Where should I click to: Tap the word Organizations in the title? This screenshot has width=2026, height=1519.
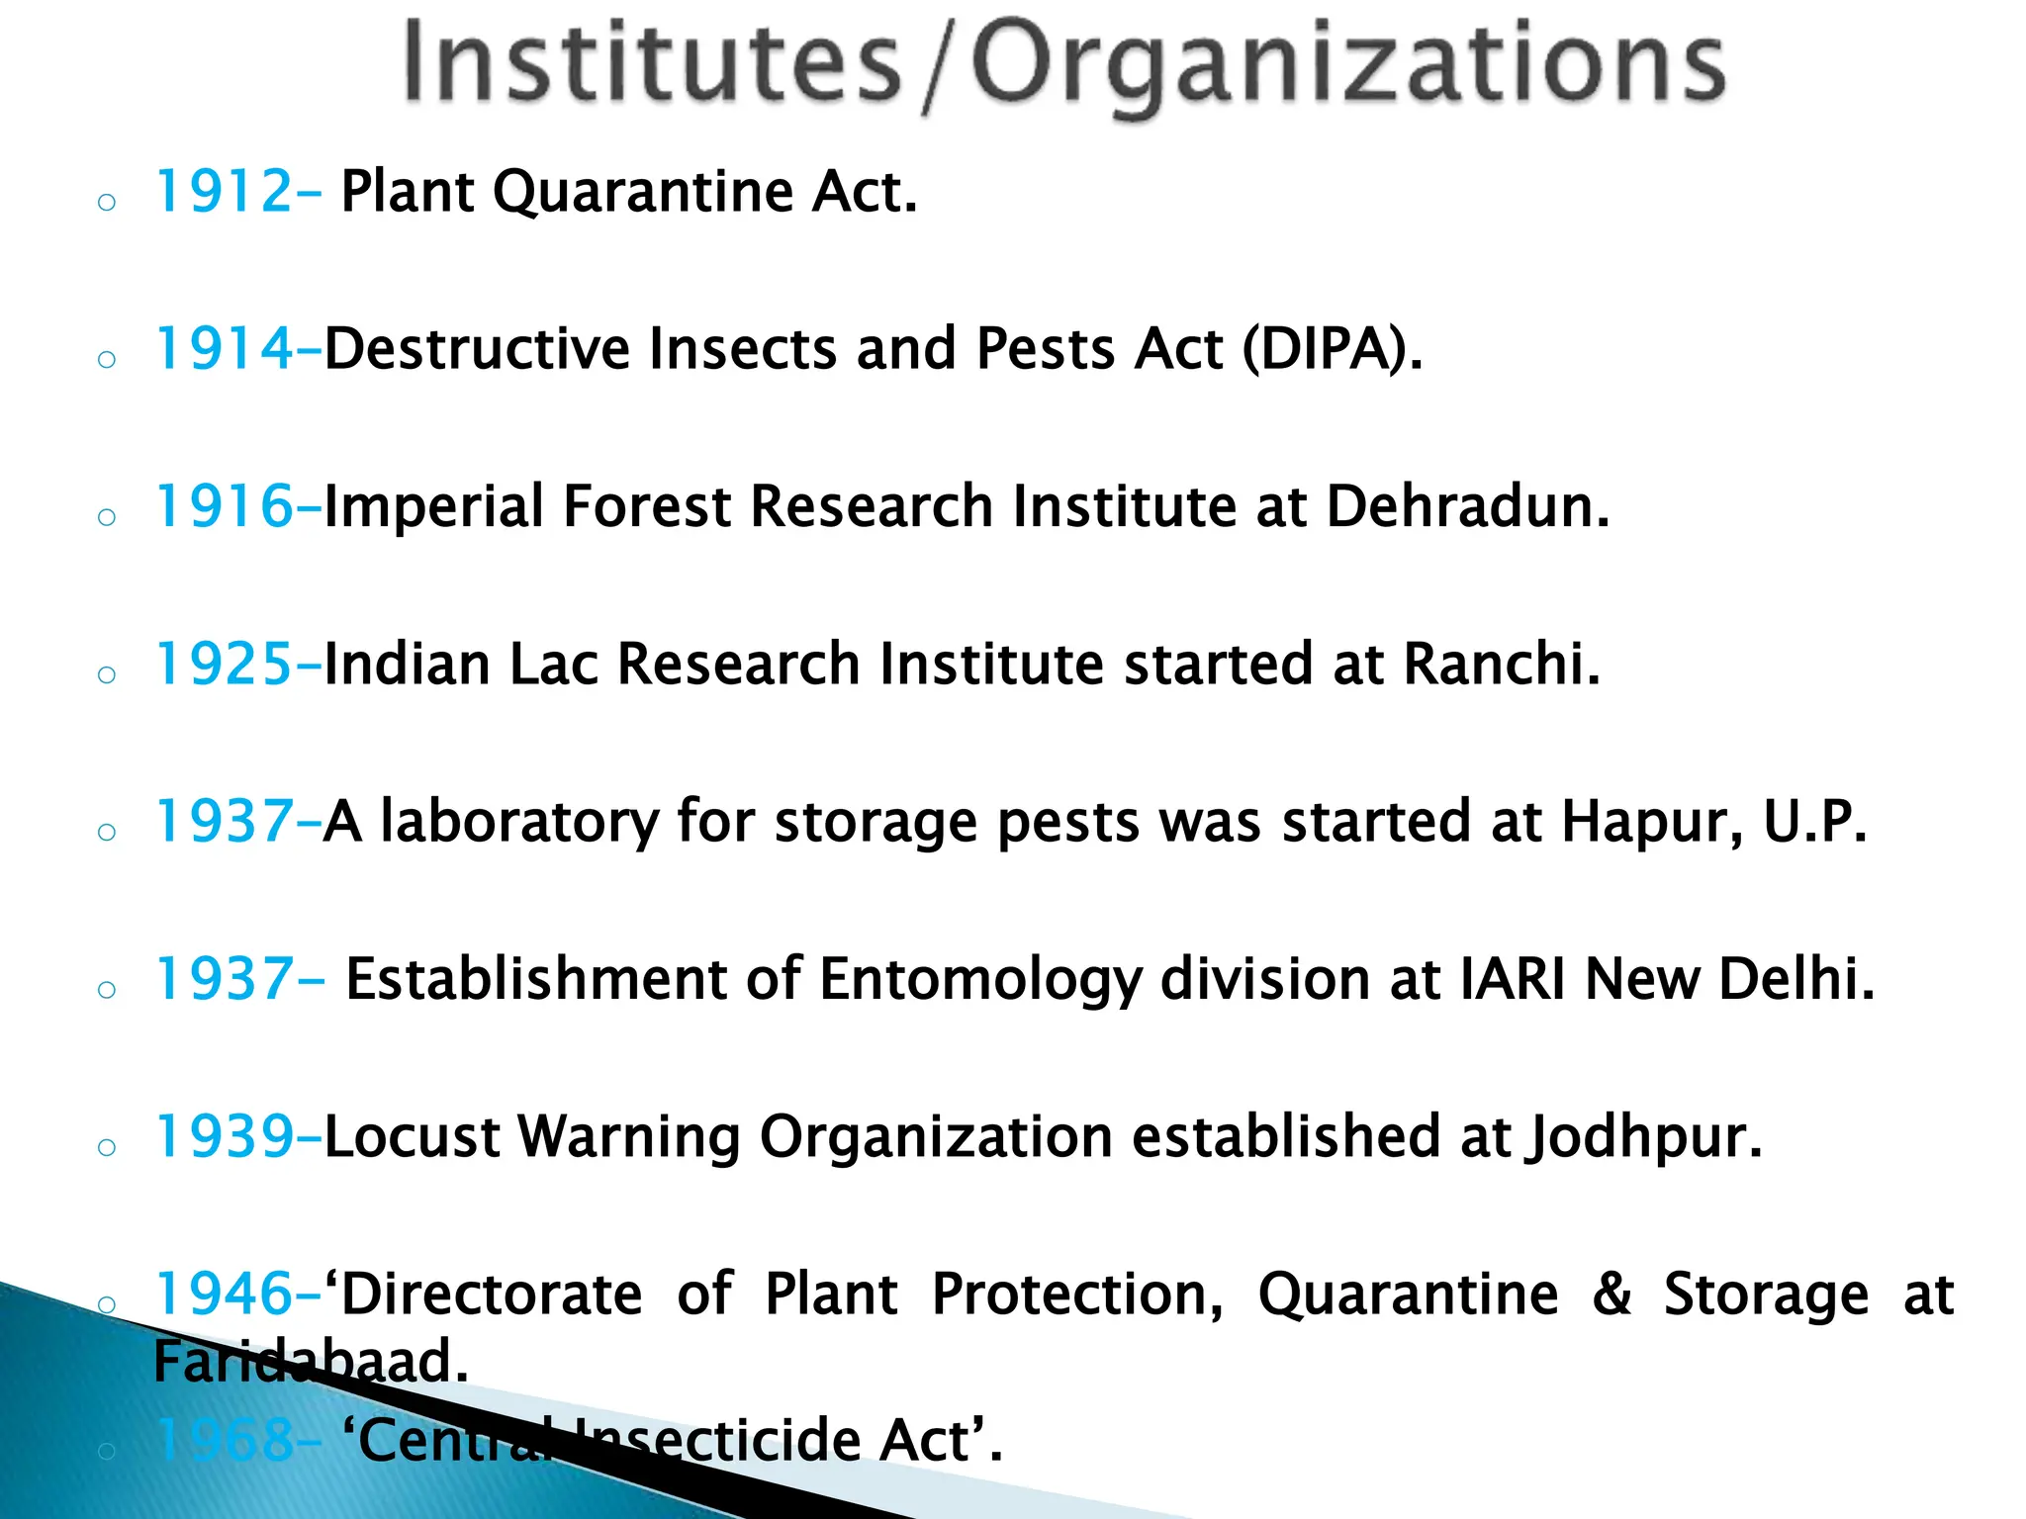(x=1348, y=65)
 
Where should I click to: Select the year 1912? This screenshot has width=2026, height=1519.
(x=225, y=191)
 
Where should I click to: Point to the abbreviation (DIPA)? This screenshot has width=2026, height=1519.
(x=1332, y=349)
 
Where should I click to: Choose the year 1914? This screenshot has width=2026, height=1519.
(x=225, y=349)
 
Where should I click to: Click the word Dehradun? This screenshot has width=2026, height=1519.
(x=1467, y=506)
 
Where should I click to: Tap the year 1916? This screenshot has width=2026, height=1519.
(x=225, y=506)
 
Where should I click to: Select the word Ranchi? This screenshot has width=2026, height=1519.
(x=1501, y=664)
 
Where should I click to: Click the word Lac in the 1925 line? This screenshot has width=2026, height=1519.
(x=553, y=664)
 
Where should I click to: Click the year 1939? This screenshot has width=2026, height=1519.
(x=225, y=1136)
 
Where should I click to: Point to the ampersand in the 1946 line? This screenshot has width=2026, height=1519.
(x=1612, y=1295)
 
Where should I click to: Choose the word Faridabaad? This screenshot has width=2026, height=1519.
(x=310, y=1362)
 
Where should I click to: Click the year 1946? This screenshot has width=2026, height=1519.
(x=225, y=1294)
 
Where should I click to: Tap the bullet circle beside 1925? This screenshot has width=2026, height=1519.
(x=107, y=675)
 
